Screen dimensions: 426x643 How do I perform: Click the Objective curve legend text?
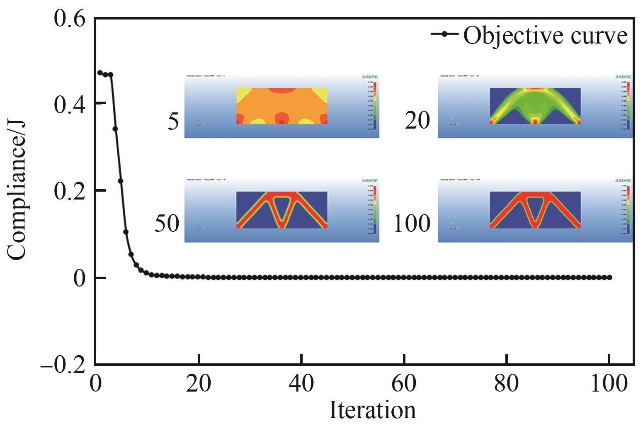pyautogui.click(x=545, y=35)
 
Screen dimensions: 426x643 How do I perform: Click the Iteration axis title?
pyautogui.click(x=372, y=410)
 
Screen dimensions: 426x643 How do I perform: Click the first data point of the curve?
pyautogui.click(x=100, y=73)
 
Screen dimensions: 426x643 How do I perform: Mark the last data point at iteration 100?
pyautogui.click(x=609, y=277)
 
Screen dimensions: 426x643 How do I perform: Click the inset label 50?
pyautogui.click(x=167, y=224)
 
